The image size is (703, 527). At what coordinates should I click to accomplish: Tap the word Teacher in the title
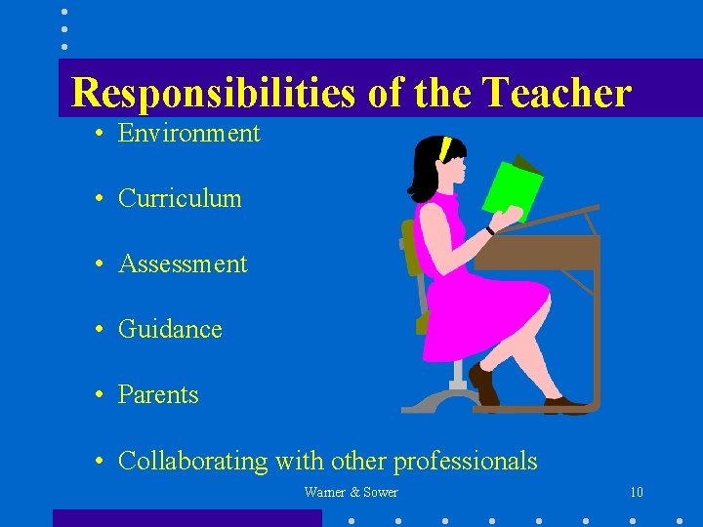tap(558, 94)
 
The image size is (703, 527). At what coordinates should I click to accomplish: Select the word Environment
tap(188, 133)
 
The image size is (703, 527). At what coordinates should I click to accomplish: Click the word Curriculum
tap(180, 198)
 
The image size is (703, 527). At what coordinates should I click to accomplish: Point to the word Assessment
tap(183, 263)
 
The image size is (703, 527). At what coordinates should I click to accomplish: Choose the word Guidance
tap(170, 329)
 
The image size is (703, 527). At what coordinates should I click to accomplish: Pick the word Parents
tap(158, 394)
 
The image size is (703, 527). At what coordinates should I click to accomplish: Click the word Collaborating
tap(193, 461)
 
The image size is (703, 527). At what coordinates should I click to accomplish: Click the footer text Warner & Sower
tap(351, 492)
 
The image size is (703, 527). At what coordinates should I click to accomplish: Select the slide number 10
tap(637, 492)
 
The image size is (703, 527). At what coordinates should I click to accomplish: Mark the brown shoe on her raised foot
tap(483, 383)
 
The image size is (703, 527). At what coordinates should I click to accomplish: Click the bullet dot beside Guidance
tap(101, 330)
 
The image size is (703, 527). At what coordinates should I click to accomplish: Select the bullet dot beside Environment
tap(101, 134)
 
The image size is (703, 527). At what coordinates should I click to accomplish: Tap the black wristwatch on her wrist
tap(490, 230)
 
